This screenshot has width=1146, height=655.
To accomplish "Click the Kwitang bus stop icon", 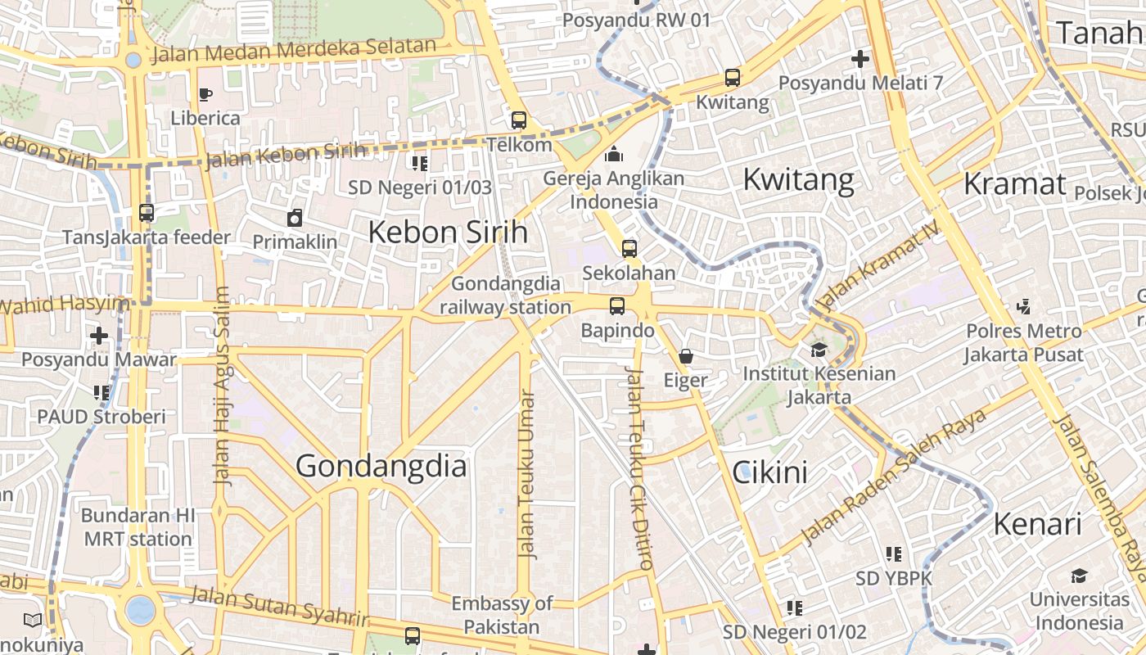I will point(733,79).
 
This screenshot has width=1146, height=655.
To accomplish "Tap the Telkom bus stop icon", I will point(519,120).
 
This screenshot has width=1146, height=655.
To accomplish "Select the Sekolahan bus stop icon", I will point(629,249).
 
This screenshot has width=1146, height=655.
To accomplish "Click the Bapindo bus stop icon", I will point(617,306).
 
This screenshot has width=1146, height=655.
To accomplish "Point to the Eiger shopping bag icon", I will point(686,356).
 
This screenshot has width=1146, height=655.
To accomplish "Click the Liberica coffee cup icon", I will point(205,94).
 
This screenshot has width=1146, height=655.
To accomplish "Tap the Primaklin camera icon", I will point(295,218).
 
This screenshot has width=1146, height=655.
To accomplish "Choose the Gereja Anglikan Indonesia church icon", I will point(614,154).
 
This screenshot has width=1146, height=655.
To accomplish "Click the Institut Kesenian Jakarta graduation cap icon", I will point(819,350).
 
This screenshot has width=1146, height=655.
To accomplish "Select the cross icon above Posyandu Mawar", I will point(99,336).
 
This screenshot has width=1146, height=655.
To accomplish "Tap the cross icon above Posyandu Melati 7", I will point(860,59).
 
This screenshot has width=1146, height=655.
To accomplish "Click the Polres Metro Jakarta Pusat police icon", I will point(1023,307).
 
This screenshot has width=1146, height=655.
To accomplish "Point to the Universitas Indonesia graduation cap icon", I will point(1079,576).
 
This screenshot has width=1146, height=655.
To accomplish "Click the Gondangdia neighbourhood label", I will point(381,466).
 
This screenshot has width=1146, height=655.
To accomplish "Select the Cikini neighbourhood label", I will point(769,472).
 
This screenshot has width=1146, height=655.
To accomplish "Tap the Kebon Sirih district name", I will point(448,233).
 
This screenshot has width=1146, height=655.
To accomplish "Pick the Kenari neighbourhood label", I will point(1037,524).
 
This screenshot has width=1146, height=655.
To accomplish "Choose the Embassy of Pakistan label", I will point(503,616).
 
